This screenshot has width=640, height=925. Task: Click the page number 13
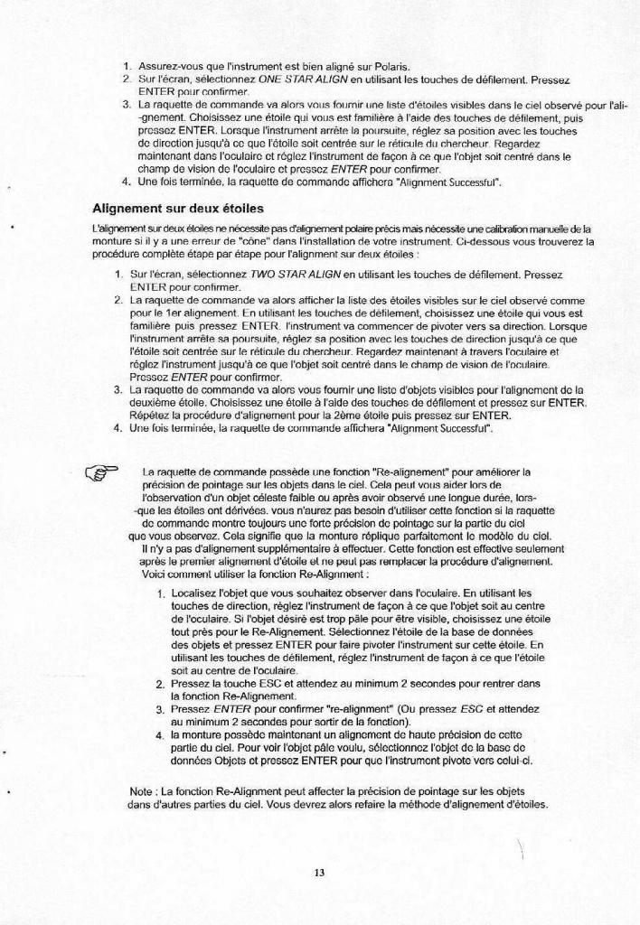point(319,872)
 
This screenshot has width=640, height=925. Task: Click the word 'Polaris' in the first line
point(391,67)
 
